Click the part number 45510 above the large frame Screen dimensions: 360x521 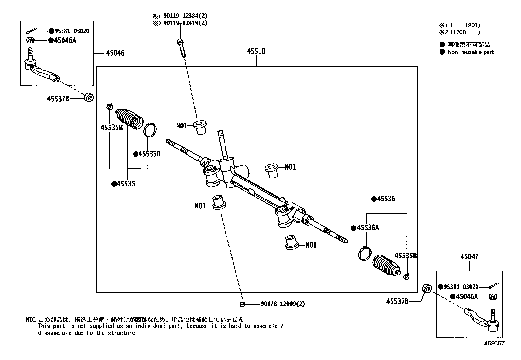coord(256,51)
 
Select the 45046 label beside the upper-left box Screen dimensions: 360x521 coord(115,53)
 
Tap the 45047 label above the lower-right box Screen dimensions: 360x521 coord(469,256)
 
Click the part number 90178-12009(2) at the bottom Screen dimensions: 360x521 coord(283,304)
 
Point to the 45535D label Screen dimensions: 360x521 coord(149,154)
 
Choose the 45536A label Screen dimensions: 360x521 coord(368,228)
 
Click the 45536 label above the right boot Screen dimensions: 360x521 coord(386,199)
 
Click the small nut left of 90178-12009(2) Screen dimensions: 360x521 coord(242,304)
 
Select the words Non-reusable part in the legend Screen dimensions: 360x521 coord(470,52)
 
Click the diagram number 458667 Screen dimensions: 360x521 coord(494,343)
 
